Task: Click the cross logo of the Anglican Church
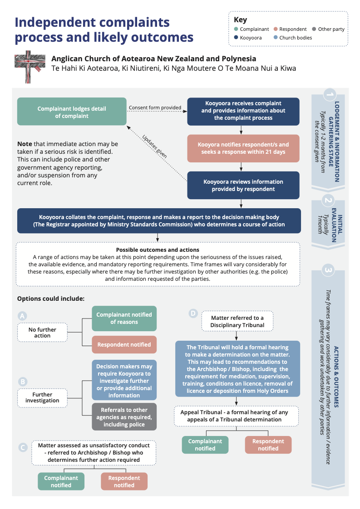point(30,66)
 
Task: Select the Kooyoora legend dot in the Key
point(236,38)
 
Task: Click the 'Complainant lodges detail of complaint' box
point(72,113)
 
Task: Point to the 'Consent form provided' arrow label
point(155,108)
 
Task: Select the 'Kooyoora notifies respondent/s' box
point(243,148)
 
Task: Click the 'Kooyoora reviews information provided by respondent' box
point(243,185)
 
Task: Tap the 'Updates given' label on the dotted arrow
point(154,146)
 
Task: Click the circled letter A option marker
point(22,316)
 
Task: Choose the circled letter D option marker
point(193,313)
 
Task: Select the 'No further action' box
point(42,333)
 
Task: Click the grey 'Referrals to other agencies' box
point(124,417)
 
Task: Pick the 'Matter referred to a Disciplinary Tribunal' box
point(237,321)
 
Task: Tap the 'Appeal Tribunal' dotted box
point(237,416)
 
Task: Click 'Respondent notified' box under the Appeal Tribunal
point(268,445)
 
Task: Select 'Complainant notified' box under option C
point(61,481)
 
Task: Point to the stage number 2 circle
point(328,200)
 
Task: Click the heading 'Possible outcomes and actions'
point(158,250)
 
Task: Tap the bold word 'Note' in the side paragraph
point(25,144)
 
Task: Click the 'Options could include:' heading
point(50,299)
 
